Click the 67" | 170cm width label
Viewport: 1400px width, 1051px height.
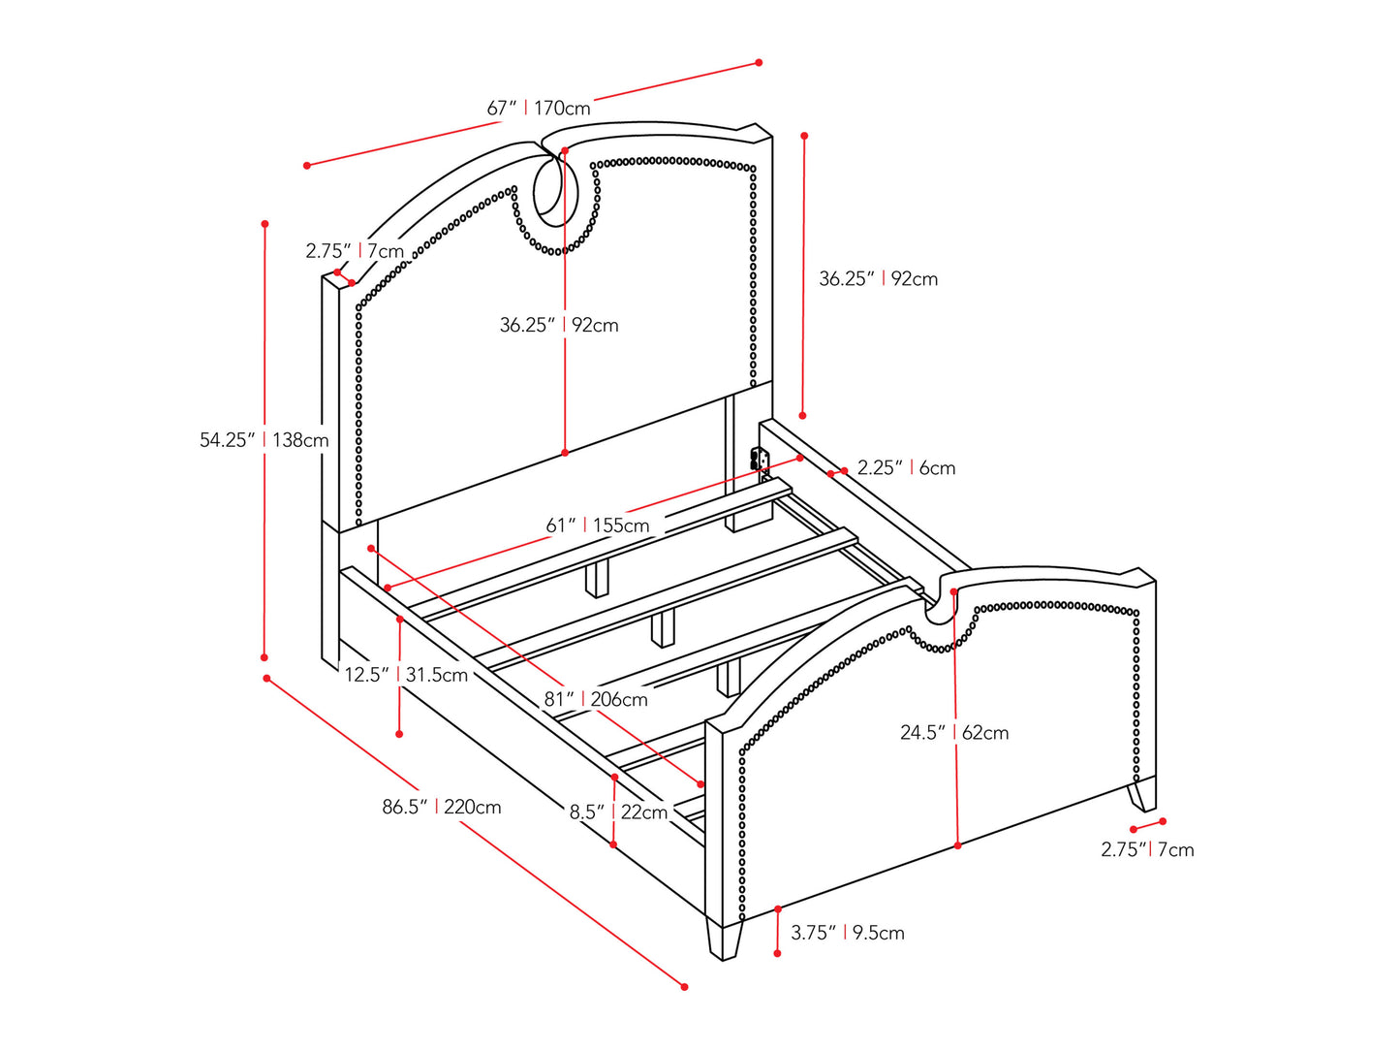539,108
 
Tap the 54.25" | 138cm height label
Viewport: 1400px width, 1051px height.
264,440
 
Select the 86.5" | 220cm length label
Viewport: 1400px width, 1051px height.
442,807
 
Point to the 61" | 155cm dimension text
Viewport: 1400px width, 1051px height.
598,525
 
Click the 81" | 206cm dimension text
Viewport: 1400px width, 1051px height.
596,699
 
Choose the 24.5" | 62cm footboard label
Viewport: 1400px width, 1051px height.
954,733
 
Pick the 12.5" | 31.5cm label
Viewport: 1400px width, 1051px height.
406,675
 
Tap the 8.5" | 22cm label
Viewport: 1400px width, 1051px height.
618,812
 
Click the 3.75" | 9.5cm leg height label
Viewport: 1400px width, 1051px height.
848,933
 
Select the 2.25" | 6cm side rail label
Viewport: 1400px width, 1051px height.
906,468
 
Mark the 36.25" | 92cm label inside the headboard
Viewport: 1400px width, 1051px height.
559,325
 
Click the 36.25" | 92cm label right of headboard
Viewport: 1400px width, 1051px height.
879,279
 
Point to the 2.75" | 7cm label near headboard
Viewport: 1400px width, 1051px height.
355,251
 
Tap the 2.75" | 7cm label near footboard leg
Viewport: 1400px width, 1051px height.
1147,850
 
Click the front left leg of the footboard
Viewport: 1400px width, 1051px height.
724,940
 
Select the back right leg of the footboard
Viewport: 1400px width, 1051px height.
1142,795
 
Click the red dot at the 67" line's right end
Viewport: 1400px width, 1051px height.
759,63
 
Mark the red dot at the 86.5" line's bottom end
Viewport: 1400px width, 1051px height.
685,987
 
